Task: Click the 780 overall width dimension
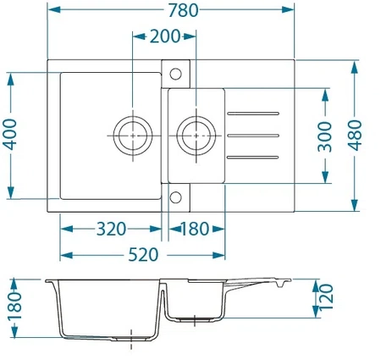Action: [184, 10]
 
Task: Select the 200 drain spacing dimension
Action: [164, 36]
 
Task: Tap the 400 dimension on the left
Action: [10, 135]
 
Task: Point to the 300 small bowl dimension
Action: [325, 136]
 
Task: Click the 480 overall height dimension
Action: [355, 135]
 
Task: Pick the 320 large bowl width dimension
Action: [111, 229]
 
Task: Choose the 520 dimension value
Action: [143, 255]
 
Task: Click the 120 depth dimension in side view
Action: [326, 296]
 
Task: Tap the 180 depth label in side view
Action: [14, 306]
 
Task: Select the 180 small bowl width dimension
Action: [195, 229]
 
